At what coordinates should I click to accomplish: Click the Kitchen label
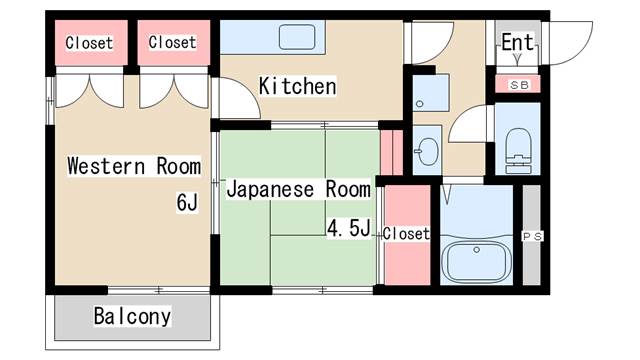coord(297,87)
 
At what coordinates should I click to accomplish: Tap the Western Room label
coord(133,166)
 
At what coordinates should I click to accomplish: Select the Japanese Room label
coord(298,188)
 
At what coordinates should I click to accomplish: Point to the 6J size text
coord(187,204)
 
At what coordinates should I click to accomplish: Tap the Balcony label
coord(132,317)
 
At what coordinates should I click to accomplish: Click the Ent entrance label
coord(517,42)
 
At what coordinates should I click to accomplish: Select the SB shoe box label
coord(519,85)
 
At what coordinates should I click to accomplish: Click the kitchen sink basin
coord(297,39)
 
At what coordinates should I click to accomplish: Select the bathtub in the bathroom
coord(476,261)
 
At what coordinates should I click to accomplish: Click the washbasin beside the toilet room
coord(427,153)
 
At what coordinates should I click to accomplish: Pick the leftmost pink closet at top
coord(89,43)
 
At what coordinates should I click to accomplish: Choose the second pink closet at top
coord(172,43)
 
